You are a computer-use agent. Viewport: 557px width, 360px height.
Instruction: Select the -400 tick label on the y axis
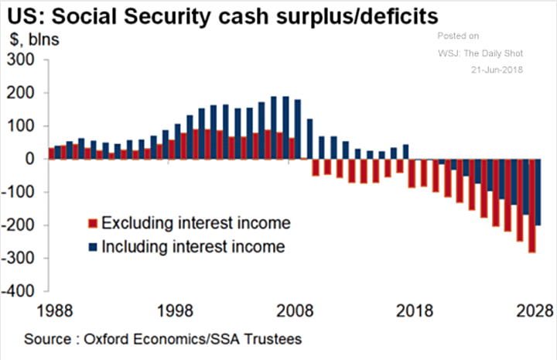20,292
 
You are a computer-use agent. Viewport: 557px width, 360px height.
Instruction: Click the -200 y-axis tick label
20,225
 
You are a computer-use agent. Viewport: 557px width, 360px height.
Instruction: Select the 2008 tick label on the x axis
297,310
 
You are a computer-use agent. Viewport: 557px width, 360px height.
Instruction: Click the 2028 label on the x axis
534,310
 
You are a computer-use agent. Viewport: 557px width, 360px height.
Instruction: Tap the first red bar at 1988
52,153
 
